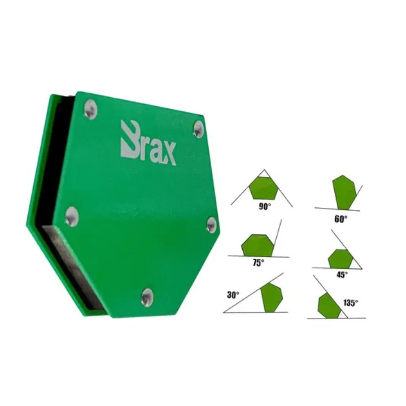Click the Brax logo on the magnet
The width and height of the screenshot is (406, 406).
point(149,143)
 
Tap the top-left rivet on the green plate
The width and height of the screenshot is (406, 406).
point(90,110)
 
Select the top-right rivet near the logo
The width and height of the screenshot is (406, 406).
point(199,129)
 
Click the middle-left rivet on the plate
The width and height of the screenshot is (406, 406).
point(72,217)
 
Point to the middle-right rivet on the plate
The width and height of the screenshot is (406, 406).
point(212,225)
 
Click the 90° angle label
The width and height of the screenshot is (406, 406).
point(265,206)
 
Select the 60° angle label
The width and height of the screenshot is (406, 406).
point(340,219)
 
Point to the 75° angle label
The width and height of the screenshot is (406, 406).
point(259,263)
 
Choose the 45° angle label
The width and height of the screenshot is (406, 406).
point(342,274)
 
